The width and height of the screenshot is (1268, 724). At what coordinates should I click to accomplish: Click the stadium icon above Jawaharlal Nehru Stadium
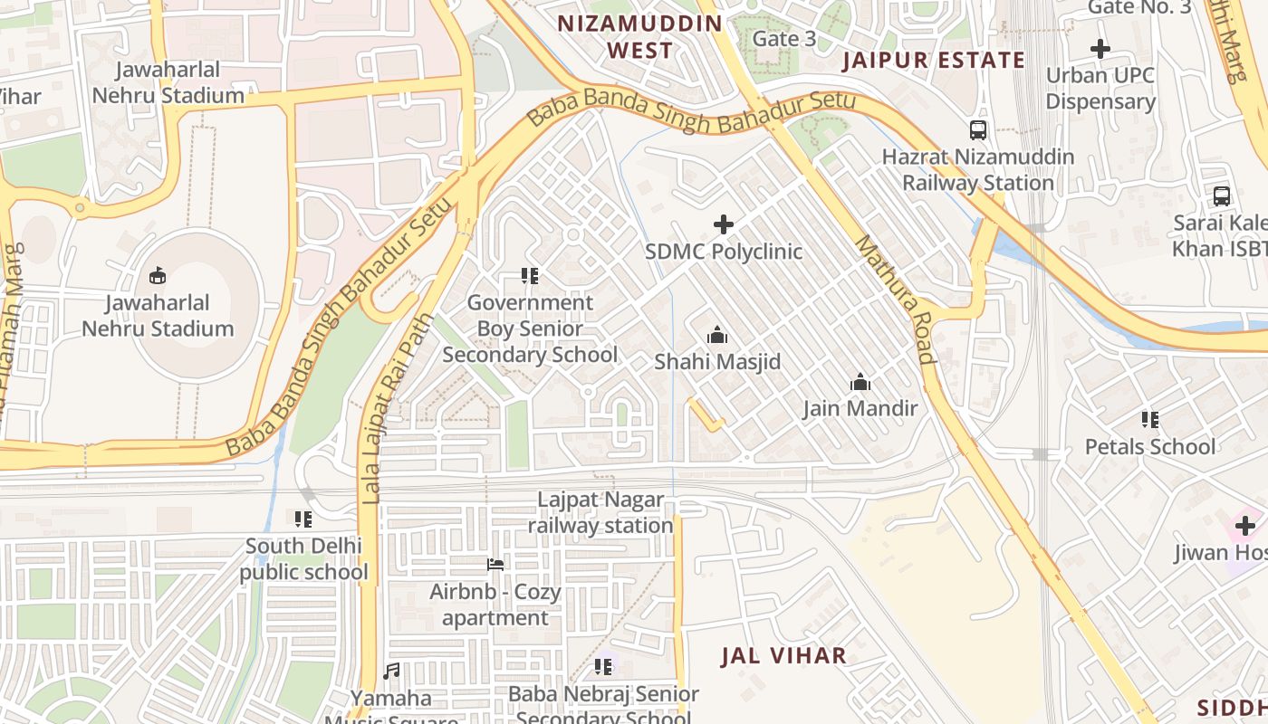pyautogui.click(x=158, y=275)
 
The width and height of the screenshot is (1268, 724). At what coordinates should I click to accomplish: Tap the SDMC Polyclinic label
pyautogui.click(x=723, y=251)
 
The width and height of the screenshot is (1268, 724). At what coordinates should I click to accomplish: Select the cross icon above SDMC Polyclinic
pyautogui.click(x=723, y=224)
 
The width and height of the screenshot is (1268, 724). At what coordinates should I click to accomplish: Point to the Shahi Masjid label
pyautogui.click(x=717, y=362)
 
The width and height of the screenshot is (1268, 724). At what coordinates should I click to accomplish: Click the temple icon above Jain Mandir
pyautogui.click(x=860, y=382)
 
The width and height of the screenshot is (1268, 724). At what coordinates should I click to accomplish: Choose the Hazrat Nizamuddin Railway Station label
pyautogui.click(x=978, y=169)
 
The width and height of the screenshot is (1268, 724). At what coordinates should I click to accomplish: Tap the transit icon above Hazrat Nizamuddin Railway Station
pyautogui.click(x=978, y=129)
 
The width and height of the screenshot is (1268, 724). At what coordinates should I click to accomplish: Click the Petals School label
pyautogui.click(x=1150, y=446)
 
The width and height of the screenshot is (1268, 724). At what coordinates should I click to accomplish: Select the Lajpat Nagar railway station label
pyautogui.click(x=600, y=512)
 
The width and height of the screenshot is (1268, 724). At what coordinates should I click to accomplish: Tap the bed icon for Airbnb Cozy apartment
pyautogui.click(x=495, y=565)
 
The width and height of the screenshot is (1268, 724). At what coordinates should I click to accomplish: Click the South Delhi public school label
pyautogui.click(x=303, y=559)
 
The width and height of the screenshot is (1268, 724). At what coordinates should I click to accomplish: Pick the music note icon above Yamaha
pyautogui.click(x=391, y=672)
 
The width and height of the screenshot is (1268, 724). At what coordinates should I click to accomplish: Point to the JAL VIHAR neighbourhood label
pyautogui.click(x=783, y=656)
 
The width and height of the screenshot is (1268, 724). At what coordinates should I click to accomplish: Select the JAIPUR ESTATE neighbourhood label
pyautogui.click(x=933, y=61)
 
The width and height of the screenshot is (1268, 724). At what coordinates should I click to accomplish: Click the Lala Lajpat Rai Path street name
pyautogui.click(x=397, y=407)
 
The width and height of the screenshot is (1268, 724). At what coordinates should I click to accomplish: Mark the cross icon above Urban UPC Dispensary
pyautogui.click(x=1100, y=49)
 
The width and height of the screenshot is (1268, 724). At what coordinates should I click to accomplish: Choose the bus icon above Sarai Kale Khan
pyautogui.click(x=1221, y=195)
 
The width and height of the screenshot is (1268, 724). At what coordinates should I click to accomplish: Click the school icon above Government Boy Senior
pyautogui.click(x=530, y=275)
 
